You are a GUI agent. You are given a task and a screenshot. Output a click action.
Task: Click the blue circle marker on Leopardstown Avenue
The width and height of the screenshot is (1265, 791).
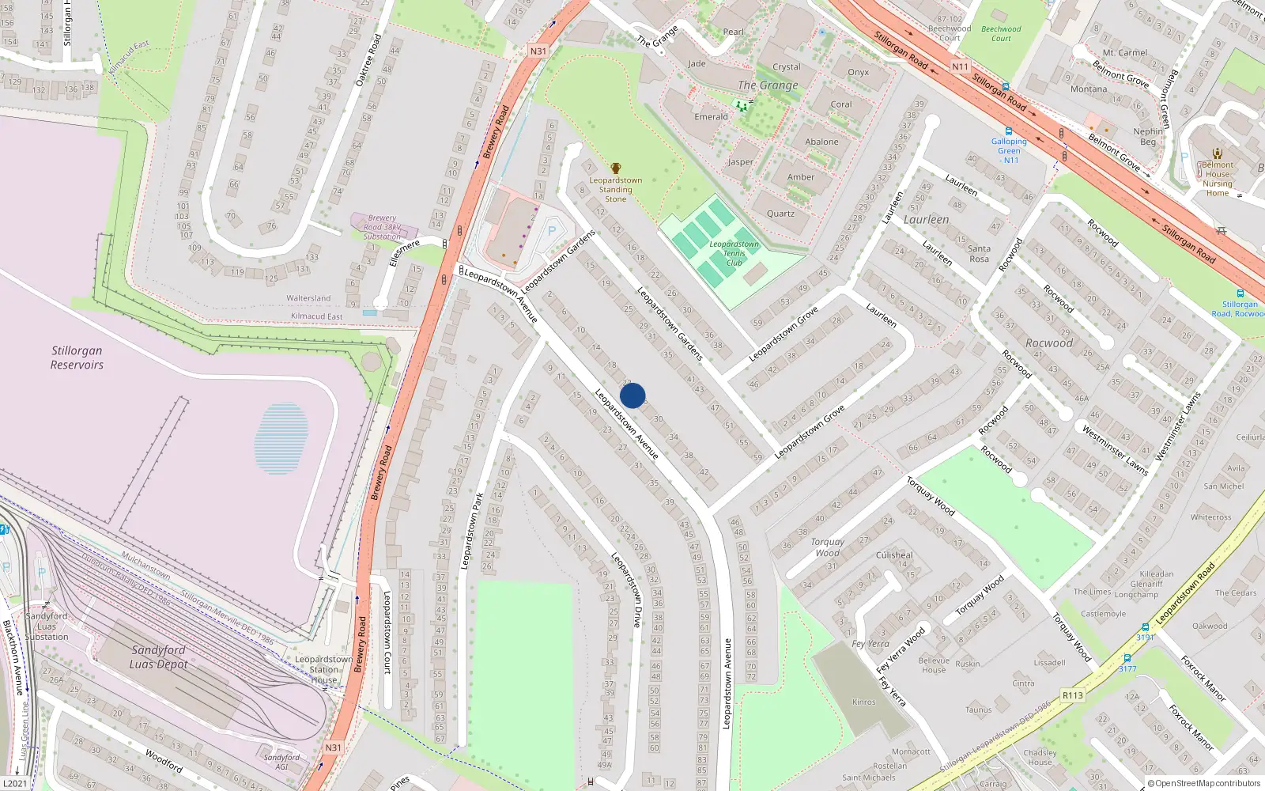632,395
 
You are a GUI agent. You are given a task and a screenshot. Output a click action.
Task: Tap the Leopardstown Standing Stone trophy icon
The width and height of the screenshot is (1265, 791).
616,168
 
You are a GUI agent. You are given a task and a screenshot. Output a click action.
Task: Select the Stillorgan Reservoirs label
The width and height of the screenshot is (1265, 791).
77,358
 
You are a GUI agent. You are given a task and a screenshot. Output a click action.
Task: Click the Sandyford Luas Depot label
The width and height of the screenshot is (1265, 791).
158,657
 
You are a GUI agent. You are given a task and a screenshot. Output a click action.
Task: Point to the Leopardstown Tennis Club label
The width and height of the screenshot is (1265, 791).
734,253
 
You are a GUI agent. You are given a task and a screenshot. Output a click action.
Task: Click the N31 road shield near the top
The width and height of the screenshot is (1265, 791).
538,51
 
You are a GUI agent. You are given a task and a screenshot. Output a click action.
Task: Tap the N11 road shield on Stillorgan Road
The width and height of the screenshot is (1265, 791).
960,66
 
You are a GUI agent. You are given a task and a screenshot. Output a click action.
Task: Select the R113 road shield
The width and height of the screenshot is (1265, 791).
1072,695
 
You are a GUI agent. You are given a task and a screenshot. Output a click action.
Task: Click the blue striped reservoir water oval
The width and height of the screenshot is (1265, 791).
281,439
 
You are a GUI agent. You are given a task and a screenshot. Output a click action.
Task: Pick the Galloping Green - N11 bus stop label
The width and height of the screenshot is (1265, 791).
1009,150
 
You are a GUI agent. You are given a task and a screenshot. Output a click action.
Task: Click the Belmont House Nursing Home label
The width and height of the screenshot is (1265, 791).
1218,179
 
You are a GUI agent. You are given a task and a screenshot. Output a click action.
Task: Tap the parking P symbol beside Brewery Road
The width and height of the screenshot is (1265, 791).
552,231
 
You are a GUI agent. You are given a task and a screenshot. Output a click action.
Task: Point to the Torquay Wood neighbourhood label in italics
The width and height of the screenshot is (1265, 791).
827,547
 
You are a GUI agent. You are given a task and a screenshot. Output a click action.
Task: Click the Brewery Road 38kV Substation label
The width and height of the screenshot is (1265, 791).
382,227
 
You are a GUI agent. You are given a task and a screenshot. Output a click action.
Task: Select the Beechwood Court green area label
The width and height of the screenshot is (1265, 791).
1001,33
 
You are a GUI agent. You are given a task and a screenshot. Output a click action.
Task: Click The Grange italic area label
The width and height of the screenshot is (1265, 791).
768,85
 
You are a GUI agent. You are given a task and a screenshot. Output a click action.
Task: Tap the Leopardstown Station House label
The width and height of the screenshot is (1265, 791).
323,669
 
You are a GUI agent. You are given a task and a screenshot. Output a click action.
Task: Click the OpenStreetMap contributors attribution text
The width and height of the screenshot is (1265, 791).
1207,783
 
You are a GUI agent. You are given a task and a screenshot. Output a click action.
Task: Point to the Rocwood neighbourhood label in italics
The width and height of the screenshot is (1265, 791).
1049,343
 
